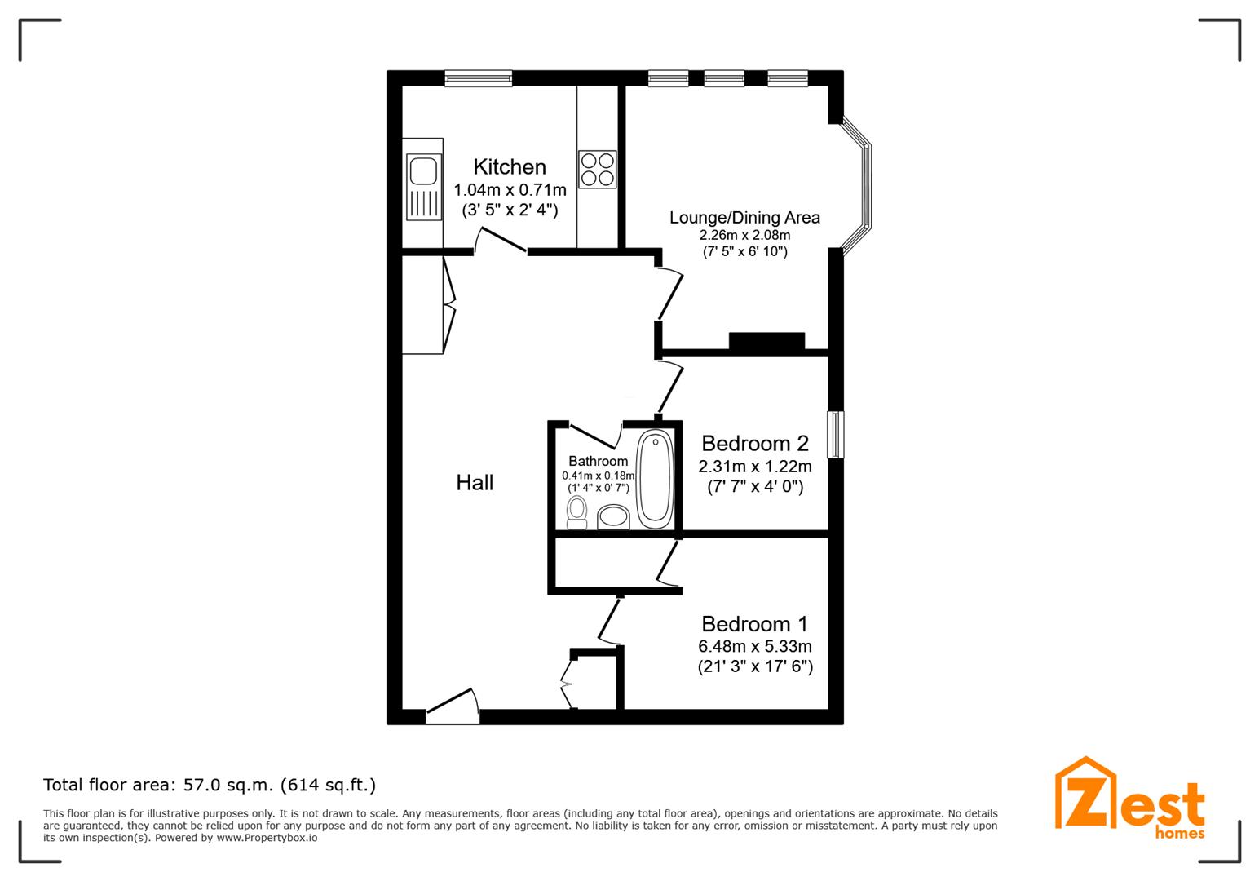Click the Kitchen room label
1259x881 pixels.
pyautogui.click(x=509, y=167)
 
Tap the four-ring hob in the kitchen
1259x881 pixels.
pyautogui.click(x=597, y=169)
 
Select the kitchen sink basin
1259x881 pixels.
pyautogui.click(x=423, y=171)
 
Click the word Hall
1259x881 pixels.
pyautogui.click(x=475, y=482)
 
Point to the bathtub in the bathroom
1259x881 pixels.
pyautogui.click(x=655, y=479)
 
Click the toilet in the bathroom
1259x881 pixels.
pyautogui.click(x=576, y=513)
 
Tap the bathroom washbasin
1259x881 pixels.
pyautogui.click(x=612, y=517)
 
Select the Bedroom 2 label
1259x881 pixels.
pyautogui.click(x=755, y=444)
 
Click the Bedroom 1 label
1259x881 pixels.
pyautogui.click(x=755, y=624)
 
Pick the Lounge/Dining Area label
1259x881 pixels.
pyautogui.click(x=744, y=218)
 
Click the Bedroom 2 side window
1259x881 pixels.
pyautogui.click(x=836, y=434)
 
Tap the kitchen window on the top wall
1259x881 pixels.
pyautogui.click(x=479, y=78)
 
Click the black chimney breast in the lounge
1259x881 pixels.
pyautogui.click(x=766, y=341)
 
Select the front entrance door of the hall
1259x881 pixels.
pyautogui.click(x=453, y=707)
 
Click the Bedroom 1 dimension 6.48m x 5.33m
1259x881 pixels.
pyautogui.click(x=755, y=646)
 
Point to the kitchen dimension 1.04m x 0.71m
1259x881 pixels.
pyautogui.click(x=510, y=189)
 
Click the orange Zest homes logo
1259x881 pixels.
pyautogui.click(x=1129, y=799)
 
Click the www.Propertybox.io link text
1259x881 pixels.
pyautogui.click(x=267, y=839)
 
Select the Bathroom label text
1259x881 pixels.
pyautogui.click(x=598, y=461)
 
